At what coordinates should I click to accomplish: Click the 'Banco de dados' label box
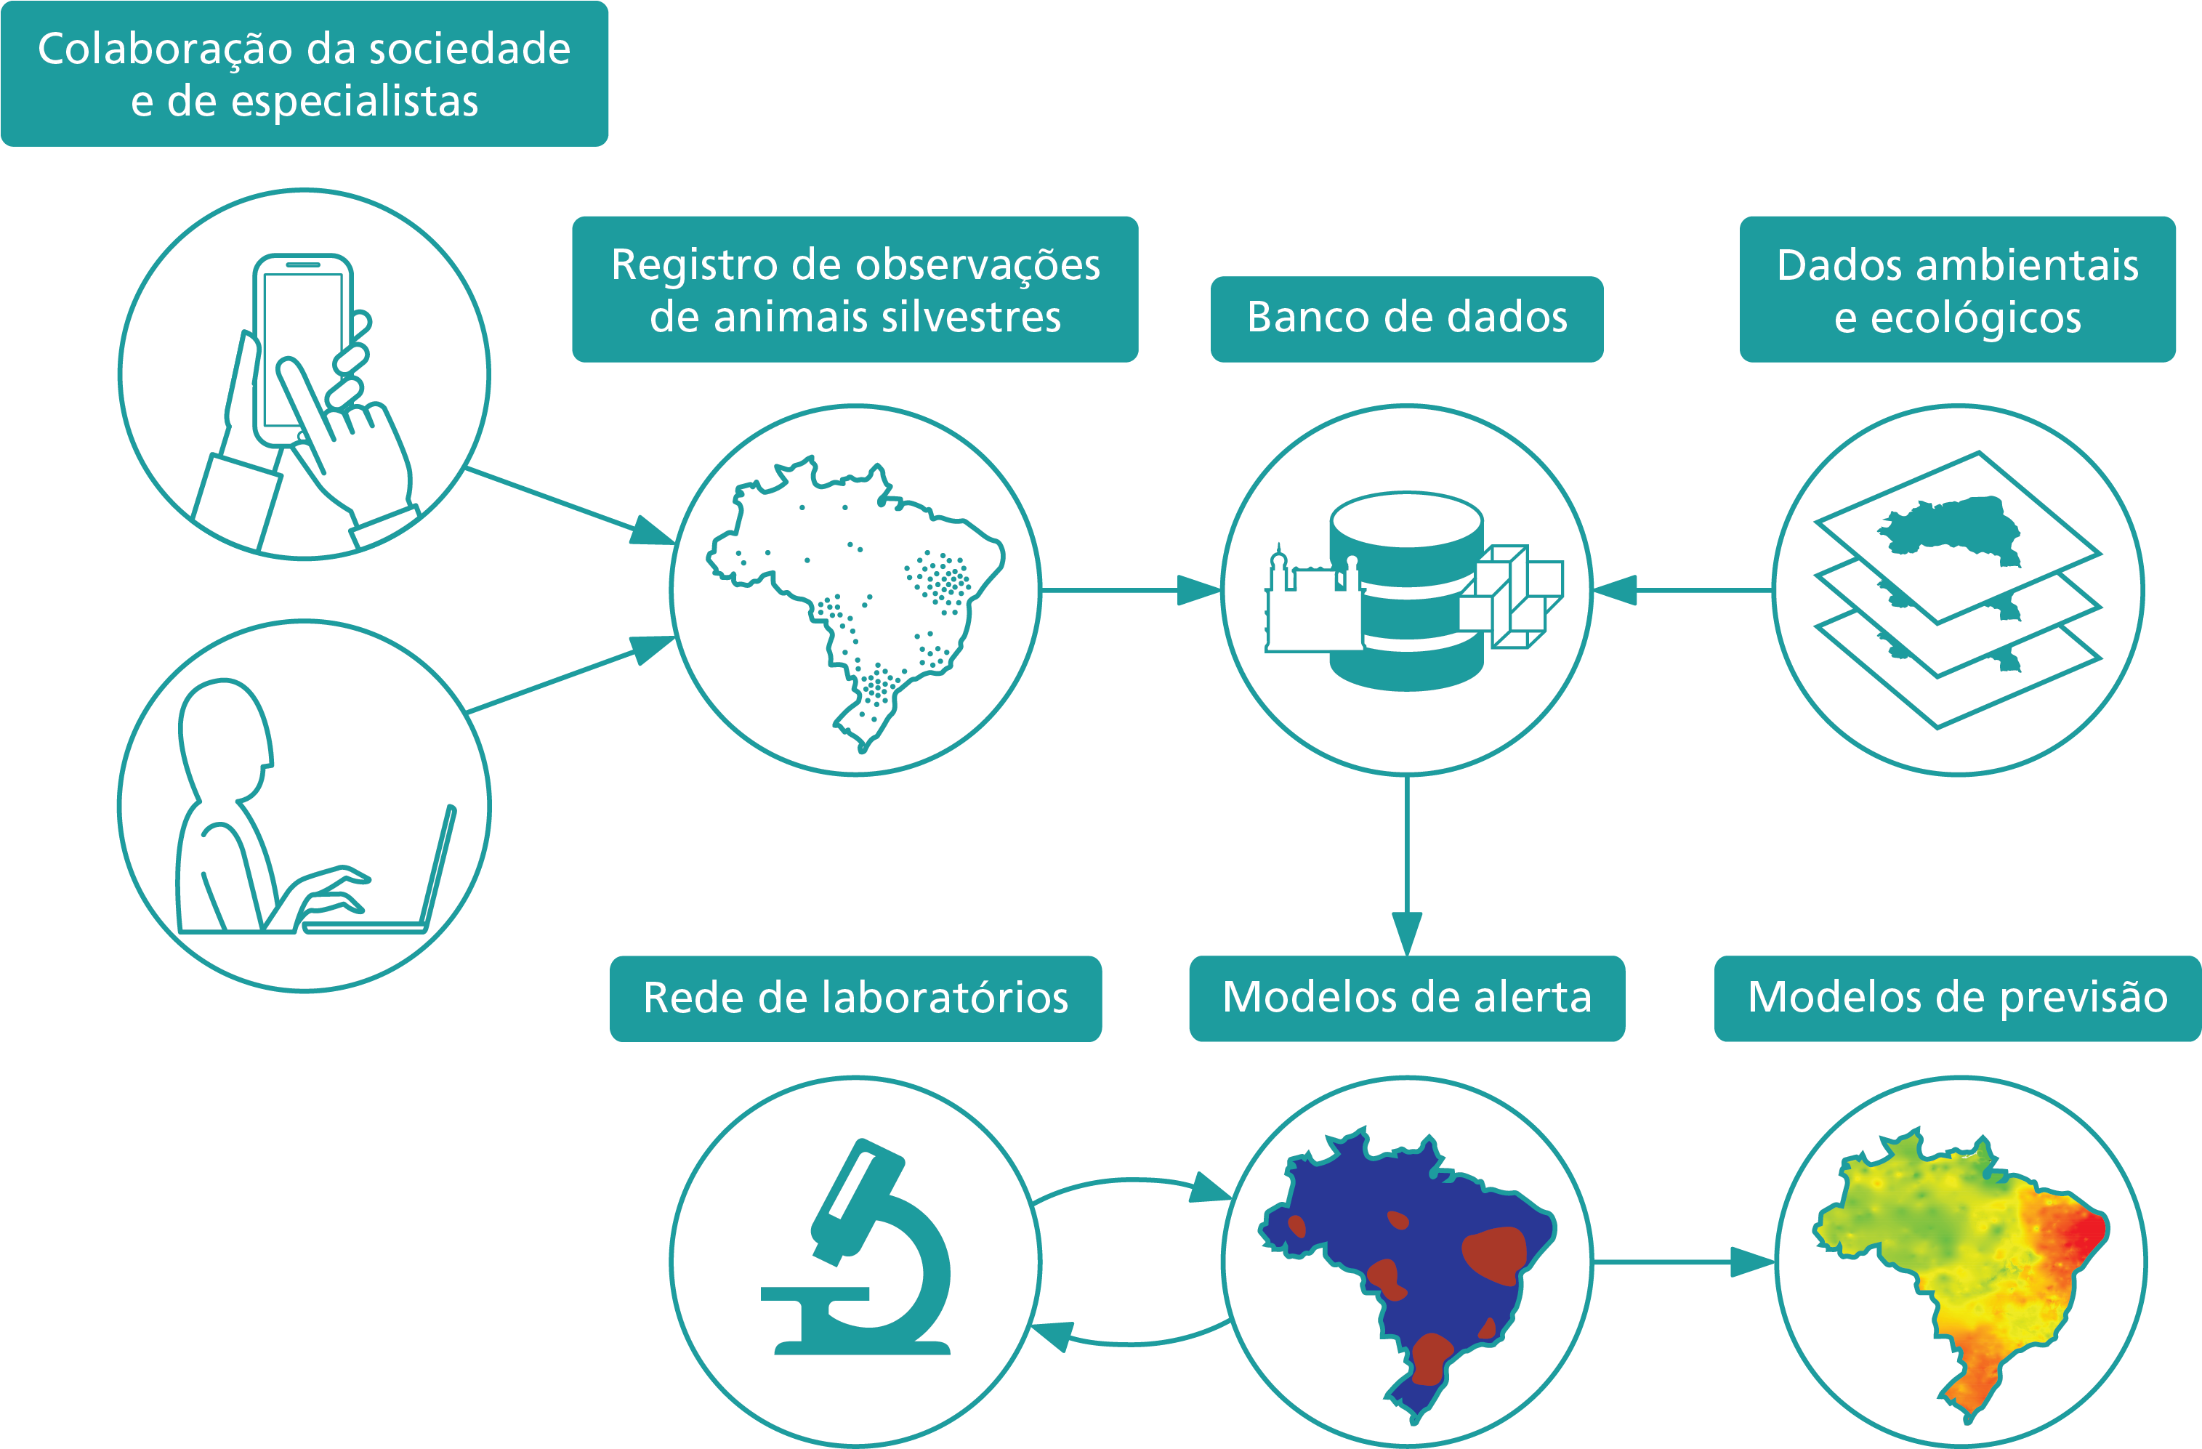click(x=1406, y=318)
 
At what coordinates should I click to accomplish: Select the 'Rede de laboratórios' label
click(x=855, y=998)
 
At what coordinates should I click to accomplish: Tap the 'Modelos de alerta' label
click(x=1406, y=998)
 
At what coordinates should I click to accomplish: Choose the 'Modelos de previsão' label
click(x=1957, y=998)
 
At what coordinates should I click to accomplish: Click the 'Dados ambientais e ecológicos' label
click(x=1957, y=290)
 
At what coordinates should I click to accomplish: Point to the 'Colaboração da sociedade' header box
click(x=305, y=74)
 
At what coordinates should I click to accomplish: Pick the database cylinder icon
click(x=1406, y=592)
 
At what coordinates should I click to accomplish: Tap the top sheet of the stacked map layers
click(x=1957, y=537)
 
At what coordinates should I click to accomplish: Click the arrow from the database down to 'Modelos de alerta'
click(x=1406, y=870)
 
